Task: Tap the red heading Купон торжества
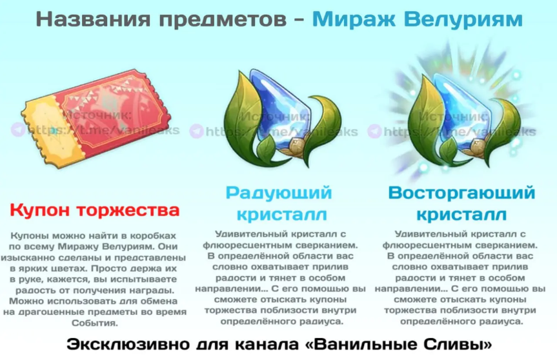(94, 210)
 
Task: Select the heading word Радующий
(278, 192)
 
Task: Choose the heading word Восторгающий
(461, 192)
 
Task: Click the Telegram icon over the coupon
(19, 129)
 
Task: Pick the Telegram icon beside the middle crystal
(196, 132)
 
